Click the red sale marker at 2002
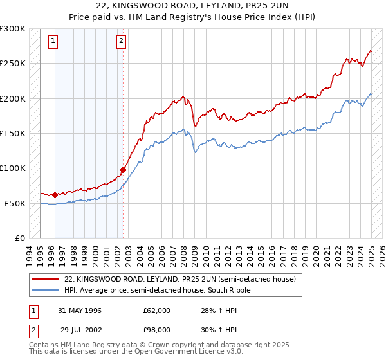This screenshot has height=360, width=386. pos(123,170)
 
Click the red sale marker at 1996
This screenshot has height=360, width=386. pos(55,195)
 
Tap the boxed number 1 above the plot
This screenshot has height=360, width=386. pos(53,42)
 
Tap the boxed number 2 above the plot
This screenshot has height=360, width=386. pos(121,42)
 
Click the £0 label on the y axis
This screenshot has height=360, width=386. pos(19,238)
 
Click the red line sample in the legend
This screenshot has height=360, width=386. pos(46,279)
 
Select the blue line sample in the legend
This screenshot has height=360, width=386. pos(46,290)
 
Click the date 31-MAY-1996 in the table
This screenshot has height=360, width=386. pos(80,310)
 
